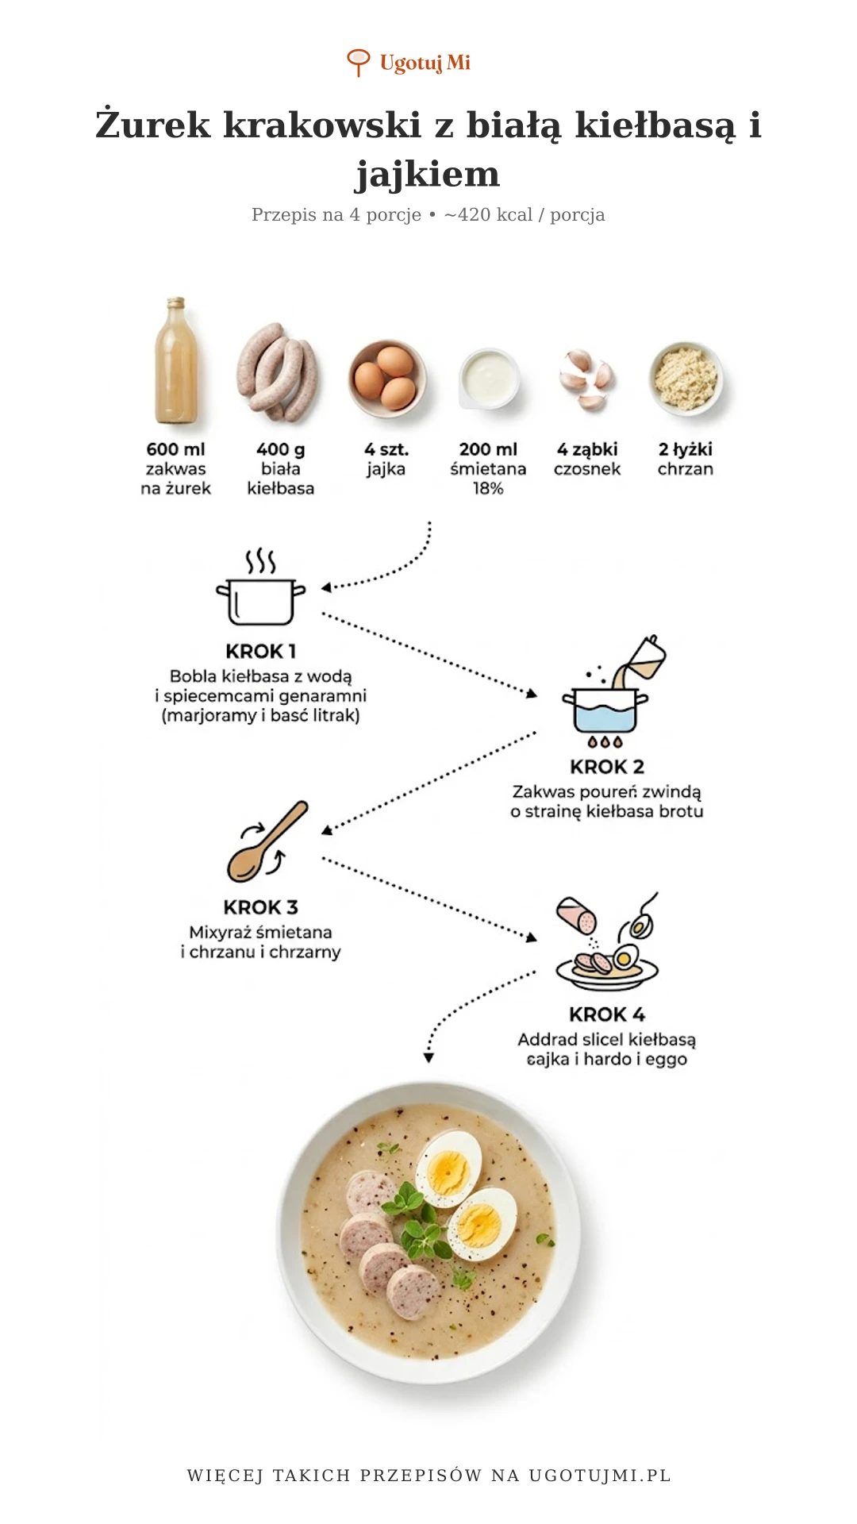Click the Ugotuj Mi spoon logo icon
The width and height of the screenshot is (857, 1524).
[x=359, y=63]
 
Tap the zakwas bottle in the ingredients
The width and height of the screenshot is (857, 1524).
[x=176, y=360]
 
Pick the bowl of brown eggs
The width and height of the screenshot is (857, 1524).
[x=386, y=379]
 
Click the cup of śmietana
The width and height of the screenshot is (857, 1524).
[x=490, y=378]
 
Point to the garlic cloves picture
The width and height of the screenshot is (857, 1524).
[x=587, y=379]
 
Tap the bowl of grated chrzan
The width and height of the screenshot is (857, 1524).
[x=686, y=378]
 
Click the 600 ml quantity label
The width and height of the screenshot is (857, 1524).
[x=175, y=449]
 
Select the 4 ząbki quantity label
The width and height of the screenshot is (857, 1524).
[x=587, y=449]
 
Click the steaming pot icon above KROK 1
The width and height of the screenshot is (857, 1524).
[x=260, y=587]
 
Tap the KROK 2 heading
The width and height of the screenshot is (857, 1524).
[x=607, y=767]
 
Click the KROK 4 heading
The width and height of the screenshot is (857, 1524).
[x=607, y=1014]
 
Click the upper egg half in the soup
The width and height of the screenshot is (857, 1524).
[x=448, y=1168]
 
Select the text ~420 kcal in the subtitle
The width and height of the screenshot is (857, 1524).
[x=488, y=214]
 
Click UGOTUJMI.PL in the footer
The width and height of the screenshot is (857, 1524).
[x=600, y=1476]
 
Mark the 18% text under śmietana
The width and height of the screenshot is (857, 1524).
[x=488, y=488]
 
